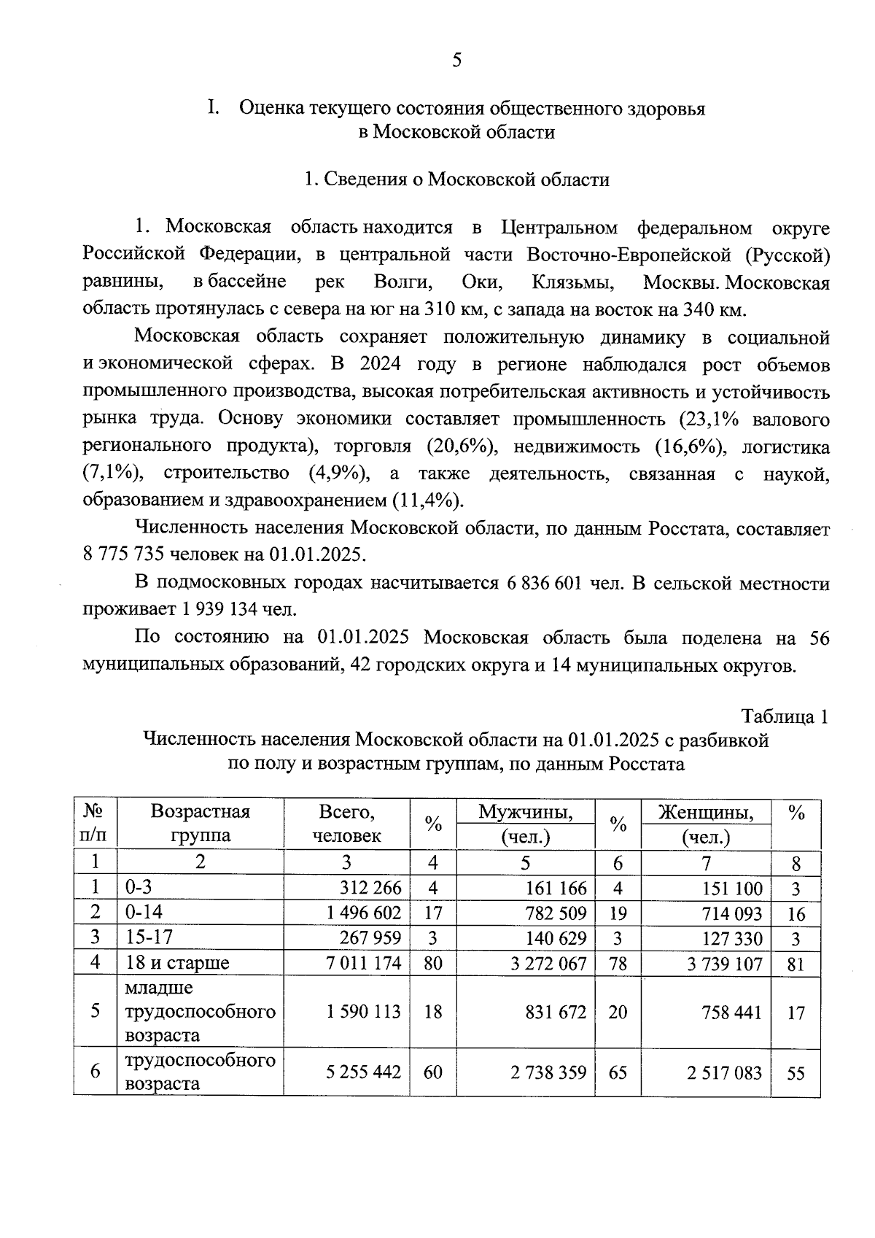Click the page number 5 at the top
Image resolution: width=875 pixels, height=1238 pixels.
click(456, 61)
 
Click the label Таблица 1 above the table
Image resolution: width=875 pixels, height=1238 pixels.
click(785, 716)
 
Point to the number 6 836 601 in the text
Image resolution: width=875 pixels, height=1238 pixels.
click(540, 584)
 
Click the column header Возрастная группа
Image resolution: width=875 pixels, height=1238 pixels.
click(200, 824)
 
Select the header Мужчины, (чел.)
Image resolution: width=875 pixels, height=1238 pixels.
click(525, 824)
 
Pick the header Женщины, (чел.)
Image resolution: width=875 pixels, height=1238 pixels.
click(705, 824)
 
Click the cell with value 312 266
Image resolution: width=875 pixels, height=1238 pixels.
click(370, 888)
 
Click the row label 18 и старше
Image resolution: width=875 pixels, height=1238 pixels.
click(177, 963)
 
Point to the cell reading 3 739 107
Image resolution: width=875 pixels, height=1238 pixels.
click(725, 963)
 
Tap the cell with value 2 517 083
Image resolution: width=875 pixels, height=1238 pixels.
click(725, 1072)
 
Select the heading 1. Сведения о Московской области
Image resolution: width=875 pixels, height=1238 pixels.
click(456, 179)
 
